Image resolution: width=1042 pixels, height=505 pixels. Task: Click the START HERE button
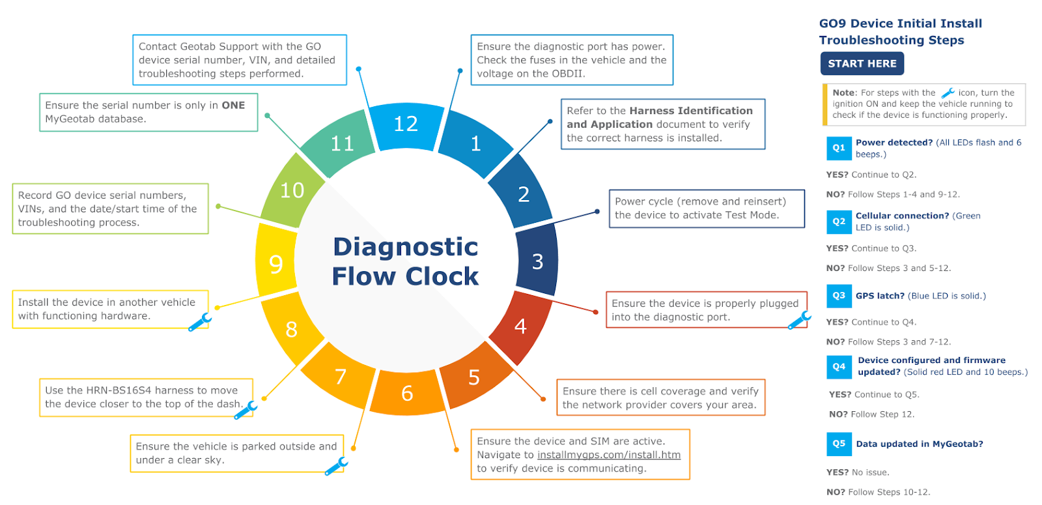click(x=862, y=64)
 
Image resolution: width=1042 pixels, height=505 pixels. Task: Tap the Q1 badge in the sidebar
click(x=838, y=148)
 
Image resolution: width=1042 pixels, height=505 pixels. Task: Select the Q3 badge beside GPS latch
click(x=838, y=296)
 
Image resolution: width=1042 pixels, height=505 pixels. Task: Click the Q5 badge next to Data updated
click(x=838, y=444)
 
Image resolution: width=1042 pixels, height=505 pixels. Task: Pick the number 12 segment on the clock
click(x=406, y=124)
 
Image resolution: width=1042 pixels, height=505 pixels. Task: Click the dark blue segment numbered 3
click(x=537, y=261)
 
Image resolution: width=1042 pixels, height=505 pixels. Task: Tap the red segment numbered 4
click(x=520, y=326)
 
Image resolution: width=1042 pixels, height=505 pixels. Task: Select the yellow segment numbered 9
click(x=276, y=264)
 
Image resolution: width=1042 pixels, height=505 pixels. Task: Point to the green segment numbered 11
click(x=342, y=143)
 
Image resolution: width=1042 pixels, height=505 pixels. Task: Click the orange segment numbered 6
click(x=407, y=393)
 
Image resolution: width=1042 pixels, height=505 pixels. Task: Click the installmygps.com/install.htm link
click(x=608, y=455)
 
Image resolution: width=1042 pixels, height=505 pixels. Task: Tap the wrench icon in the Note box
click(x=948, y=93)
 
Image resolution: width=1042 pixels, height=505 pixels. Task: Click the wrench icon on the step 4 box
click(x=799, y=319)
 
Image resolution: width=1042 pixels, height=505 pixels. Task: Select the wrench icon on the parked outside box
click(x=336, y=466)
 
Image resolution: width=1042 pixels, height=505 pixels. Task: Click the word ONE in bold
click(x=233, y=106)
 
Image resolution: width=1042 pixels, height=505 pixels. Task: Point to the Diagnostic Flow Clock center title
click(x=405, y=261)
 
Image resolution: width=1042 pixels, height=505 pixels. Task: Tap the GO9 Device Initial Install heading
click(x=900, y=23)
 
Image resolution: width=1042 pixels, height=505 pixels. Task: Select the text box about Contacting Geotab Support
click(x=239, y=60)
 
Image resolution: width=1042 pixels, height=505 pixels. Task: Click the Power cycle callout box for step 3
click(x=706, y=209)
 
